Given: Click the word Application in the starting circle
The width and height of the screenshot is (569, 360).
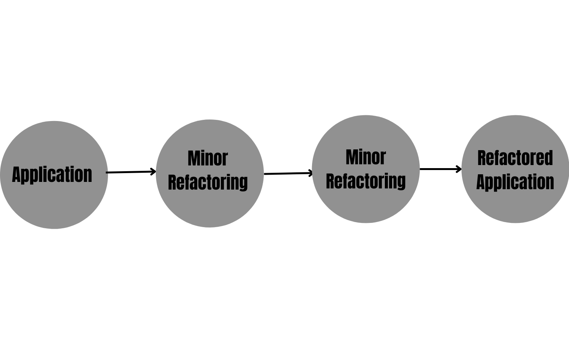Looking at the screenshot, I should coord(52,175).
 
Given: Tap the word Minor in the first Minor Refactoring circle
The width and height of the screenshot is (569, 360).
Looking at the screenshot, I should coord(208,159).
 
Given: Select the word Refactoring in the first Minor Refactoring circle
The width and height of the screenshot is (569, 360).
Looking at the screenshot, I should coord(208,182).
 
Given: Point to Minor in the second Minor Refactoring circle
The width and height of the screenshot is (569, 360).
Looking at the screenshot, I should coord(366,157).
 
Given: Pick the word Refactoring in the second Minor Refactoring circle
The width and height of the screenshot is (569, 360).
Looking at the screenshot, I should coord(366,181).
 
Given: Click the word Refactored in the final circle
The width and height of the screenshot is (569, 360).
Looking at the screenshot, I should coord(515,158).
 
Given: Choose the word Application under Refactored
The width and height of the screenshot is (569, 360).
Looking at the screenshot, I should coord(515,182).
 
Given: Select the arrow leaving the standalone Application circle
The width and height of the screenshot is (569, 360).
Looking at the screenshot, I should coord(130,172).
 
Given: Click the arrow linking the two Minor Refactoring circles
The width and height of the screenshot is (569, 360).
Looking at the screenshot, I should coord(288,173).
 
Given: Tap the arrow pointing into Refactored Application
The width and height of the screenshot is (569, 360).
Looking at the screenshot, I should coord(440,169).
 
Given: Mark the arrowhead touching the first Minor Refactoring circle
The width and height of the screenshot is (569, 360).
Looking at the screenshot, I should coord(154,172).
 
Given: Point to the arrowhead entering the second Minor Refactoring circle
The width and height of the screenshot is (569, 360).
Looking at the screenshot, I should coord(311,173).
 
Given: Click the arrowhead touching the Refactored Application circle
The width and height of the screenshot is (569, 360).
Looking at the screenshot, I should coord(459,169).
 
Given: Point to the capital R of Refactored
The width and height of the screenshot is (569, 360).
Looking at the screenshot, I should coord(482,158).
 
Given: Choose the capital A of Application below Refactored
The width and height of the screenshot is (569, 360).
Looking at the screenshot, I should coord(481,182).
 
